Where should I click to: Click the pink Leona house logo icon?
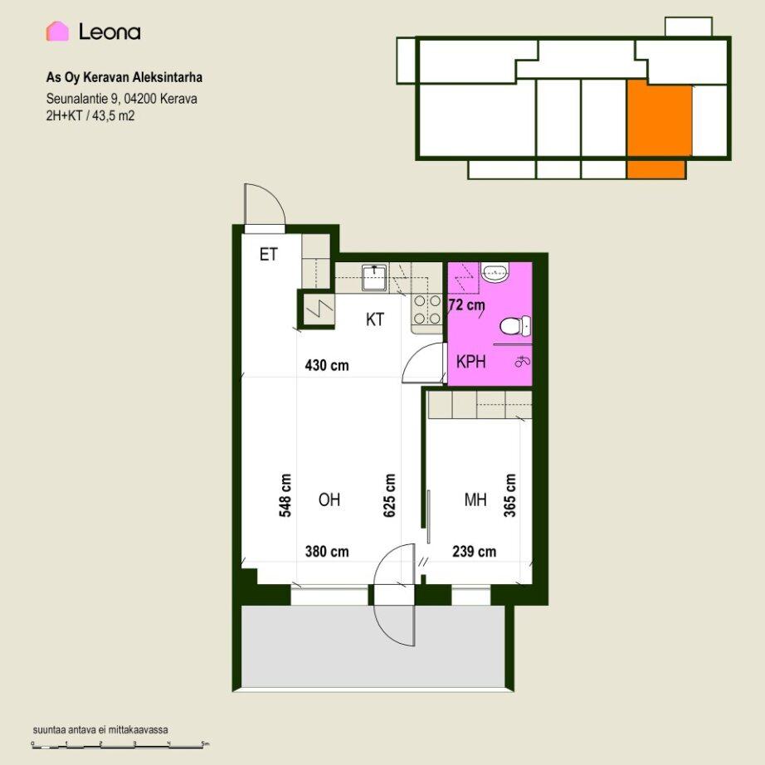(x=57, y=32)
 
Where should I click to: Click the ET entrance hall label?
(x=268, y=255)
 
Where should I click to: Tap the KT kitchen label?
(x=375, y=319)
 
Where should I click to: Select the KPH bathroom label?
(x=470, y=362)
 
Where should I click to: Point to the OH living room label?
(x=329, y=499)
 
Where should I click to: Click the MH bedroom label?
(x=475, y=499)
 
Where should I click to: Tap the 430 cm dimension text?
(x=327, y=365)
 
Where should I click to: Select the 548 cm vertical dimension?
(x=285, y=495)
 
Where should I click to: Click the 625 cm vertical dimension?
(x=389, y=495)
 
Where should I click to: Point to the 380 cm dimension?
(x=327, y=552)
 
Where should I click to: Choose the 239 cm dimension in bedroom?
(x=475, y=552)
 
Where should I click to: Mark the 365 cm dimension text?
(x=509, y=495)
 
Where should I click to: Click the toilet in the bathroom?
(x=515, y=326)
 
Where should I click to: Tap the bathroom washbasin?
(x=495, y=272)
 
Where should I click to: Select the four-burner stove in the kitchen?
(x=427, y=309)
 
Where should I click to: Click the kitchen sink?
(x=375, y=277)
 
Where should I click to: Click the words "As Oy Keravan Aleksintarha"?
(x=124, y=77)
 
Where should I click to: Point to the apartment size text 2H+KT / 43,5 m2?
(x=90, y=115)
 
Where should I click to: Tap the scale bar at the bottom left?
(x=120, y=745)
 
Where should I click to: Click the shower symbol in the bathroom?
(x=523, y=362)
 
